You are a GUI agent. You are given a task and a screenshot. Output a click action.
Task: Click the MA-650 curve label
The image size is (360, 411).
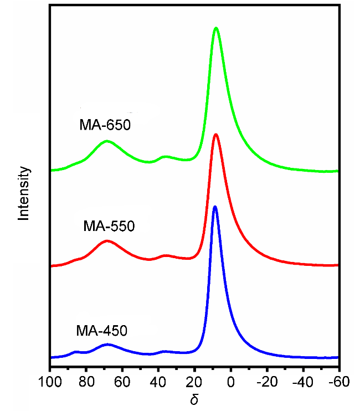pos(105,125)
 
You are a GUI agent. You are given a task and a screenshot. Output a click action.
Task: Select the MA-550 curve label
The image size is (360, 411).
pos(109,226)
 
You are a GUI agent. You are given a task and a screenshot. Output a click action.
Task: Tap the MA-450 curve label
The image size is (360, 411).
pos(102,331)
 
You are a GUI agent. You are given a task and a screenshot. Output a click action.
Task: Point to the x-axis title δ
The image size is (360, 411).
pos(194,399)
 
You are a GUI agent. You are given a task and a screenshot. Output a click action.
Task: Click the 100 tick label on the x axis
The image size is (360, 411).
pos(50,382)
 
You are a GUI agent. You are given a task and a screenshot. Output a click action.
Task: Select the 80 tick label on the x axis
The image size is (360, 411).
pos(86,382)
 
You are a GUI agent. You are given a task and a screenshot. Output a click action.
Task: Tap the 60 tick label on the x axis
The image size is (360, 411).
pos(122,382)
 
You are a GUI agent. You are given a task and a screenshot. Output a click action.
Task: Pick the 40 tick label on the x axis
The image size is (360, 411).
pos(158,382)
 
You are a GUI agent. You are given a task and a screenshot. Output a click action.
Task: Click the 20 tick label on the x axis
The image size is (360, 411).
pos(194,382)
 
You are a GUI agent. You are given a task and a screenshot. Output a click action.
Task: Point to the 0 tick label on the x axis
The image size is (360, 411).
pos(231,382)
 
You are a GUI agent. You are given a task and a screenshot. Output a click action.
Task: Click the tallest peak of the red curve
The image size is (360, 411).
pos(215,135)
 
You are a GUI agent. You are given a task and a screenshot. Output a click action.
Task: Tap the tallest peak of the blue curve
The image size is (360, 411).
pos(215,207)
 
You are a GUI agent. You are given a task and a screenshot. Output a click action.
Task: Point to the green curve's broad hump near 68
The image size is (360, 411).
pos(107,141)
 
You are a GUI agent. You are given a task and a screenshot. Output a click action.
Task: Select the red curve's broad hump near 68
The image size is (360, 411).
pos(107,241)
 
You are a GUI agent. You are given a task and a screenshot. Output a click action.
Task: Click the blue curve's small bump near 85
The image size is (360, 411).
pos(76,352)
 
